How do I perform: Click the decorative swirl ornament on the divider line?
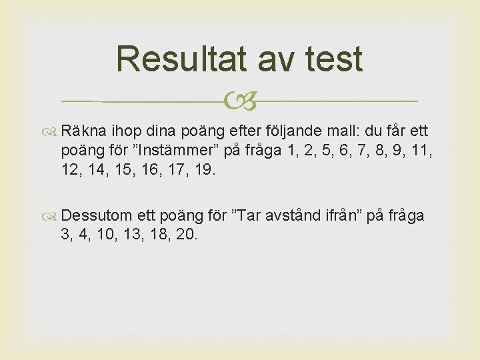click(240, 101)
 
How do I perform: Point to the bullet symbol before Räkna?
click(53, 129)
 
